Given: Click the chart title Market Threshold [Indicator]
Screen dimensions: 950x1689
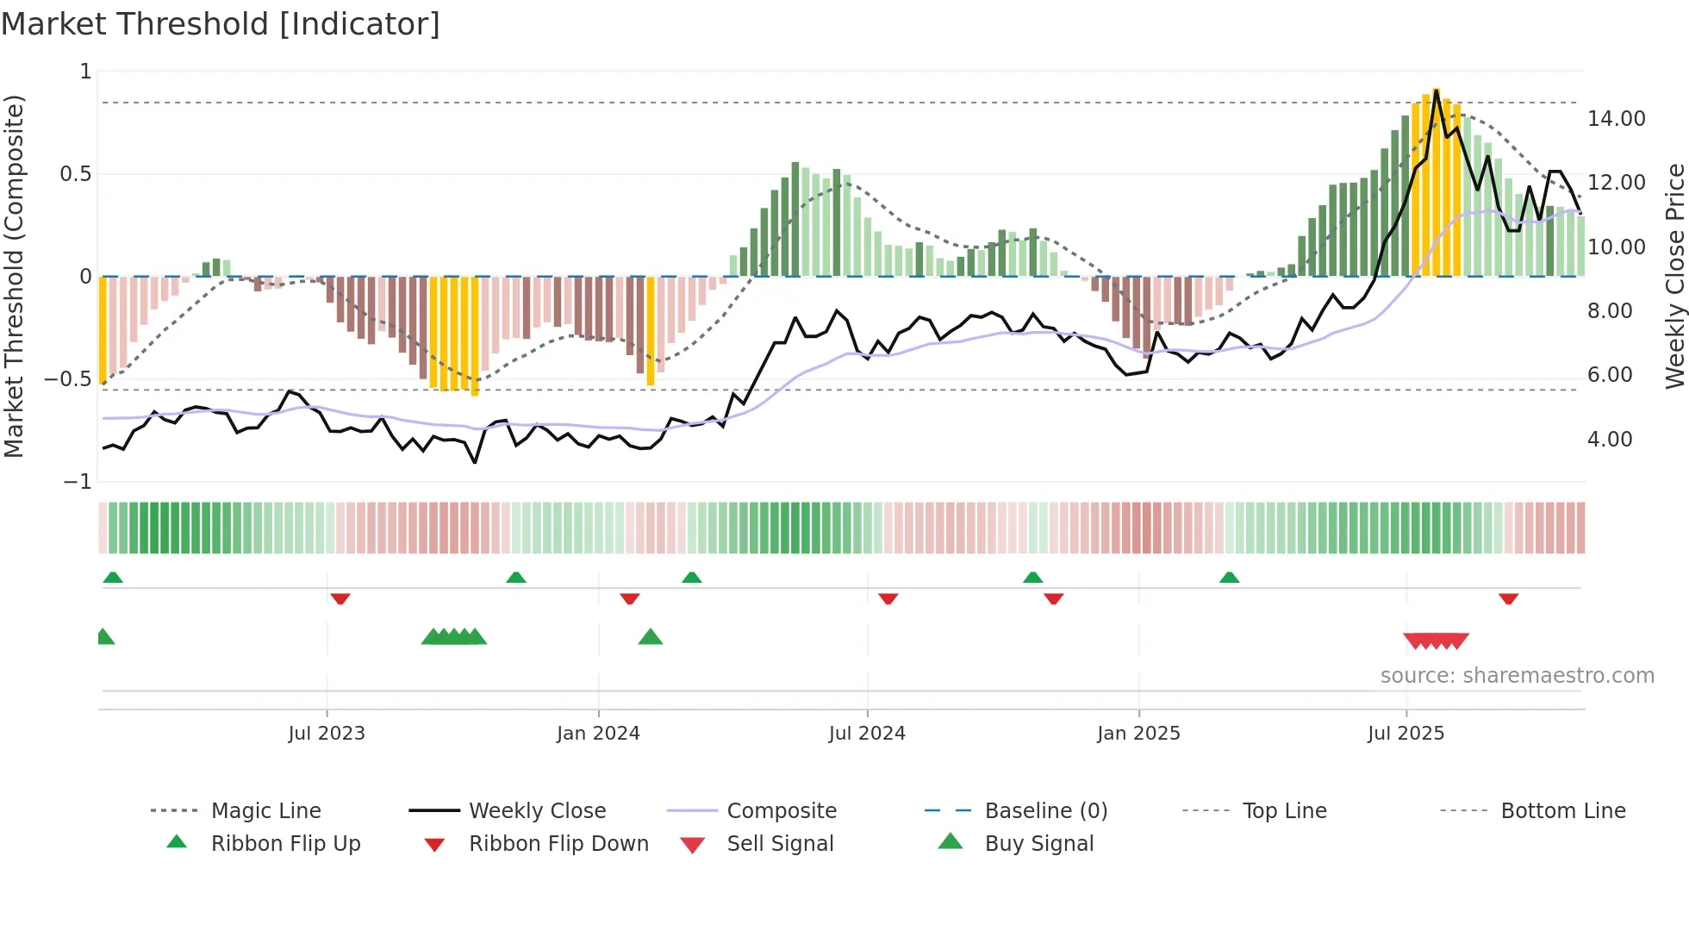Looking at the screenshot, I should click(221, 24).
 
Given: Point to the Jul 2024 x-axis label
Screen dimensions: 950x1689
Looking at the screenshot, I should click(867, 734).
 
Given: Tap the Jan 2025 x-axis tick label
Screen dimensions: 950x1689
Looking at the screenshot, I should click(1138, 734).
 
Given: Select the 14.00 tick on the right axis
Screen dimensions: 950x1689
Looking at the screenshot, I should click(1616, 119).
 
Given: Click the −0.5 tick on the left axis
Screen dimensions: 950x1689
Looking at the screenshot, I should click(68, 379).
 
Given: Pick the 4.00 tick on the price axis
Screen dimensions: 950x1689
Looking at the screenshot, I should click(1610, 440).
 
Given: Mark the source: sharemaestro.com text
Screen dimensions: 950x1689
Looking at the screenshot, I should click(1517, 676).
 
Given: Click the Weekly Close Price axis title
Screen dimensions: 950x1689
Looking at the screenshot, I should click(1674, 276).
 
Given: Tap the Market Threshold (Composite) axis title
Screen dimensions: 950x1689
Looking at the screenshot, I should click(14, 276).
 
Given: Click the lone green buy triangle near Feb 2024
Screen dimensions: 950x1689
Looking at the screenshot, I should click(651, 637).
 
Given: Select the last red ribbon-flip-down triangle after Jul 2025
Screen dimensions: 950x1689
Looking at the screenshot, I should click(1508, 598).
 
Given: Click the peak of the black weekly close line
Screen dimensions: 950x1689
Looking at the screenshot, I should click(1437, 91).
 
